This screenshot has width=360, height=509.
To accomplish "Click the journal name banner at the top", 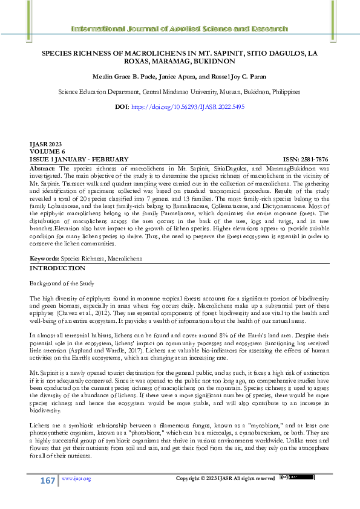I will [x=180, y=29].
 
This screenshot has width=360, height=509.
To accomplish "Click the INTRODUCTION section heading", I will [x=58, y=268].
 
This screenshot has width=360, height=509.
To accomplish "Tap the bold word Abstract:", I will [x=42, y=167].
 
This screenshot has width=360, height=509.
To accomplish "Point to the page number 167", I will [x=48, y=479].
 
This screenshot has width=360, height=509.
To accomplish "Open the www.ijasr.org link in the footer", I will [x=76, y=479].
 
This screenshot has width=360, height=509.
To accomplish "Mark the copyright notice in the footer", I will [x=225, y=479].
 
